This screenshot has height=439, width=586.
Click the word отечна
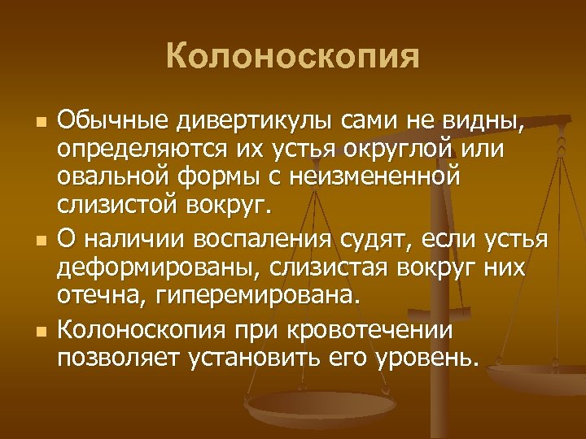[x=102, y=295]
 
